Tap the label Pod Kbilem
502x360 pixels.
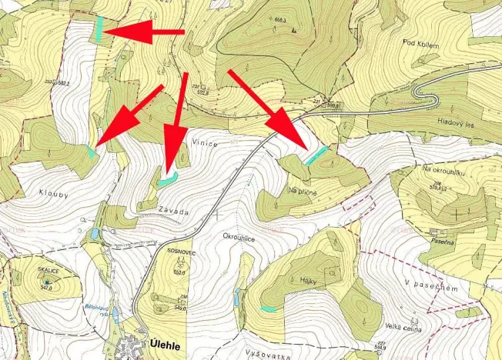click(x=421, y=45)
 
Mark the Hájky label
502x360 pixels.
click(x=299, y=282)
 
